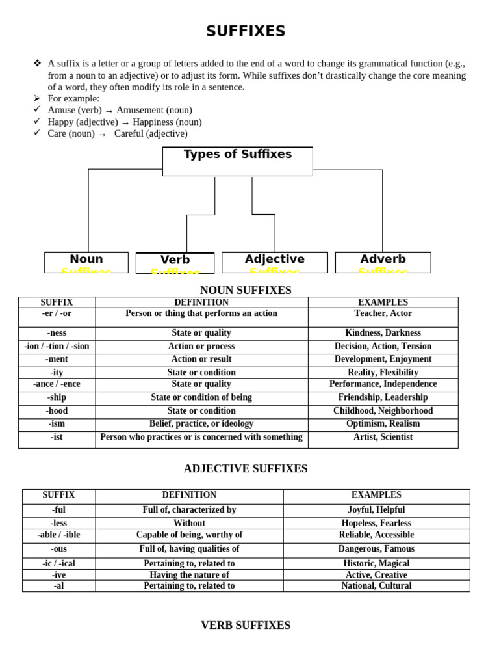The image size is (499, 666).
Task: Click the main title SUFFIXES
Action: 246,31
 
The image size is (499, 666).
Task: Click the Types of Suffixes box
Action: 238,161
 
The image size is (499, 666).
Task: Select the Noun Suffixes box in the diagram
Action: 86,262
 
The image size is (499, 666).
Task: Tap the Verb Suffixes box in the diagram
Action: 175,263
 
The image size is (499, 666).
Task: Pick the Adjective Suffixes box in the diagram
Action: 274,262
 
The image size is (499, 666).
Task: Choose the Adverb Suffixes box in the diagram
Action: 383,262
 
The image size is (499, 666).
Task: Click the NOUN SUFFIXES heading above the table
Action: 246,290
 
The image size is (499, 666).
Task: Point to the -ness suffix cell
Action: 57,333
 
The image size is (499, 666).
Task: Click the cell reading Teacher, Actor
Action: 383,313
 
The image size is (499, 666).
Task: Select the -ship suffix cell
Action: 57,397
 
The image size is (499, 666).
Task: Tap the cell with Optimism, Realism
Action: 383,423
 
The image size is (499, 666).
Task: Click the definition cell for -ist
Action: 201,437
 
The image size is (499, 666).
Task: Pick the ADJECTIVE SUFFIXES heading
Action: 246,468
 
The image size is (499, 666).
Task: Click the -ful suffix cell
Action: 58,510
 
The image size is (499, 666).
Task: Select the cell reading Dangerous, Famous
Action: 376,549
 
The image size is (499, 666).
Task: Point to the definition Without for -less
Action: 189,523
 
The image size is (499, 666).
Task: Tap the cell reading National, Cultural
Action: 376,585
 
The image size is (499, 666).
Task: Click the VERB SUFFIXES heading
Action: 246,625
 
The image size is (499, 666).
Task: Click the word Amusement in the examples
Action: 140,110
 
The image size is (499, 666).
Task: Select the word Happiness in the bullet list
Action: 156,122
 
